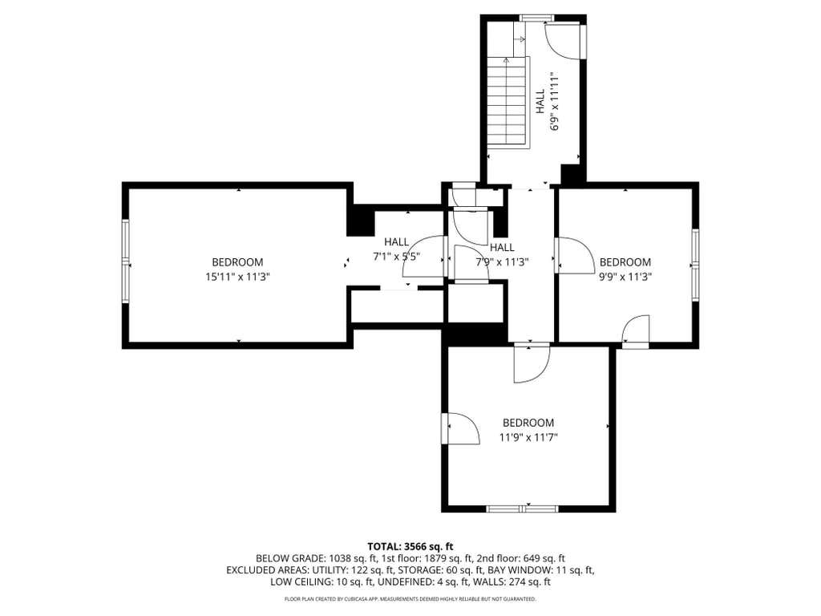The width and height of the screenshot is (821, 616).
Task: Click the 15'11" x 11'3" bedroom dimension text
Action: [237, 277]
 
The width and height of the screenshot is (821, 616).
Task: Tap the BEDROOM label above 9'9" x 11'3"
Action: [625, 262]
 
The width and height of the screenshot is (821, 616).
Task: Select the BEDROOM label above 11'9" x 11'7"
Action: [528, 423]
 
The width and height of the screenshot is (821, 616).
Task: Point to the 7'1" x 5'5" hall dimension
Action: [396, 257]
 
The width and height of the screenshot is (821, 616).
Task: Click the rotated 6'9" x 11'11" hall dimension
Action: [555, 102]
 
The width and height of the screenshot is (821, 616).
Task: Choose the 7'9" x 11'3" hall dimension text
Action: [502, 262]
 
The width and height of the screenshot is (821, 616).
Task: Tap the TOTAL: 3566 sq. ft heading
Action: [410, 547]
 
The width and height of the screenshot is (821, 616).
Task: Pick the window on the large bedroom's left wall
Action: [126, 261]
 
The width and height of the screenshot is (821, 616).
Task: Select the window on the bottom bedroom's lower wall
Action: [522, 509]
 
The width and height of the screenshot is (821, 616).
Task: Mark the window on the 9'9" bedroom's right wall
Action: [695, 265]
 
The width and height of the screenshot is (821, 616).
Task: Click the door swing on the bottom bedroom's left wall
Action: [460, 428]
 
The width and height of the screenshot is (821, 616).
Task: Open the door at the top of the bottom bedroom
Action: [532, 363]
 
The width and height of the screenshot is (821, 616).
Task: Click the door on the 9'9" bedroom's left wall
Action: [573, 255]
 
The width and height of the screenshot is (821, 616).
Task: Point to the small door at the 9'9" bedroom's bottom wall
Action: [636, 331]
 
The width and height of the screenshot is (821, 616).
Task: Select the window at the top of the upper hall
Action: [536, 18]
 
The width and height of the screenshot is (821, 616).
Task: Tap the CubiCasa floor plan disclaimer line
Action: [410, 598]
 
